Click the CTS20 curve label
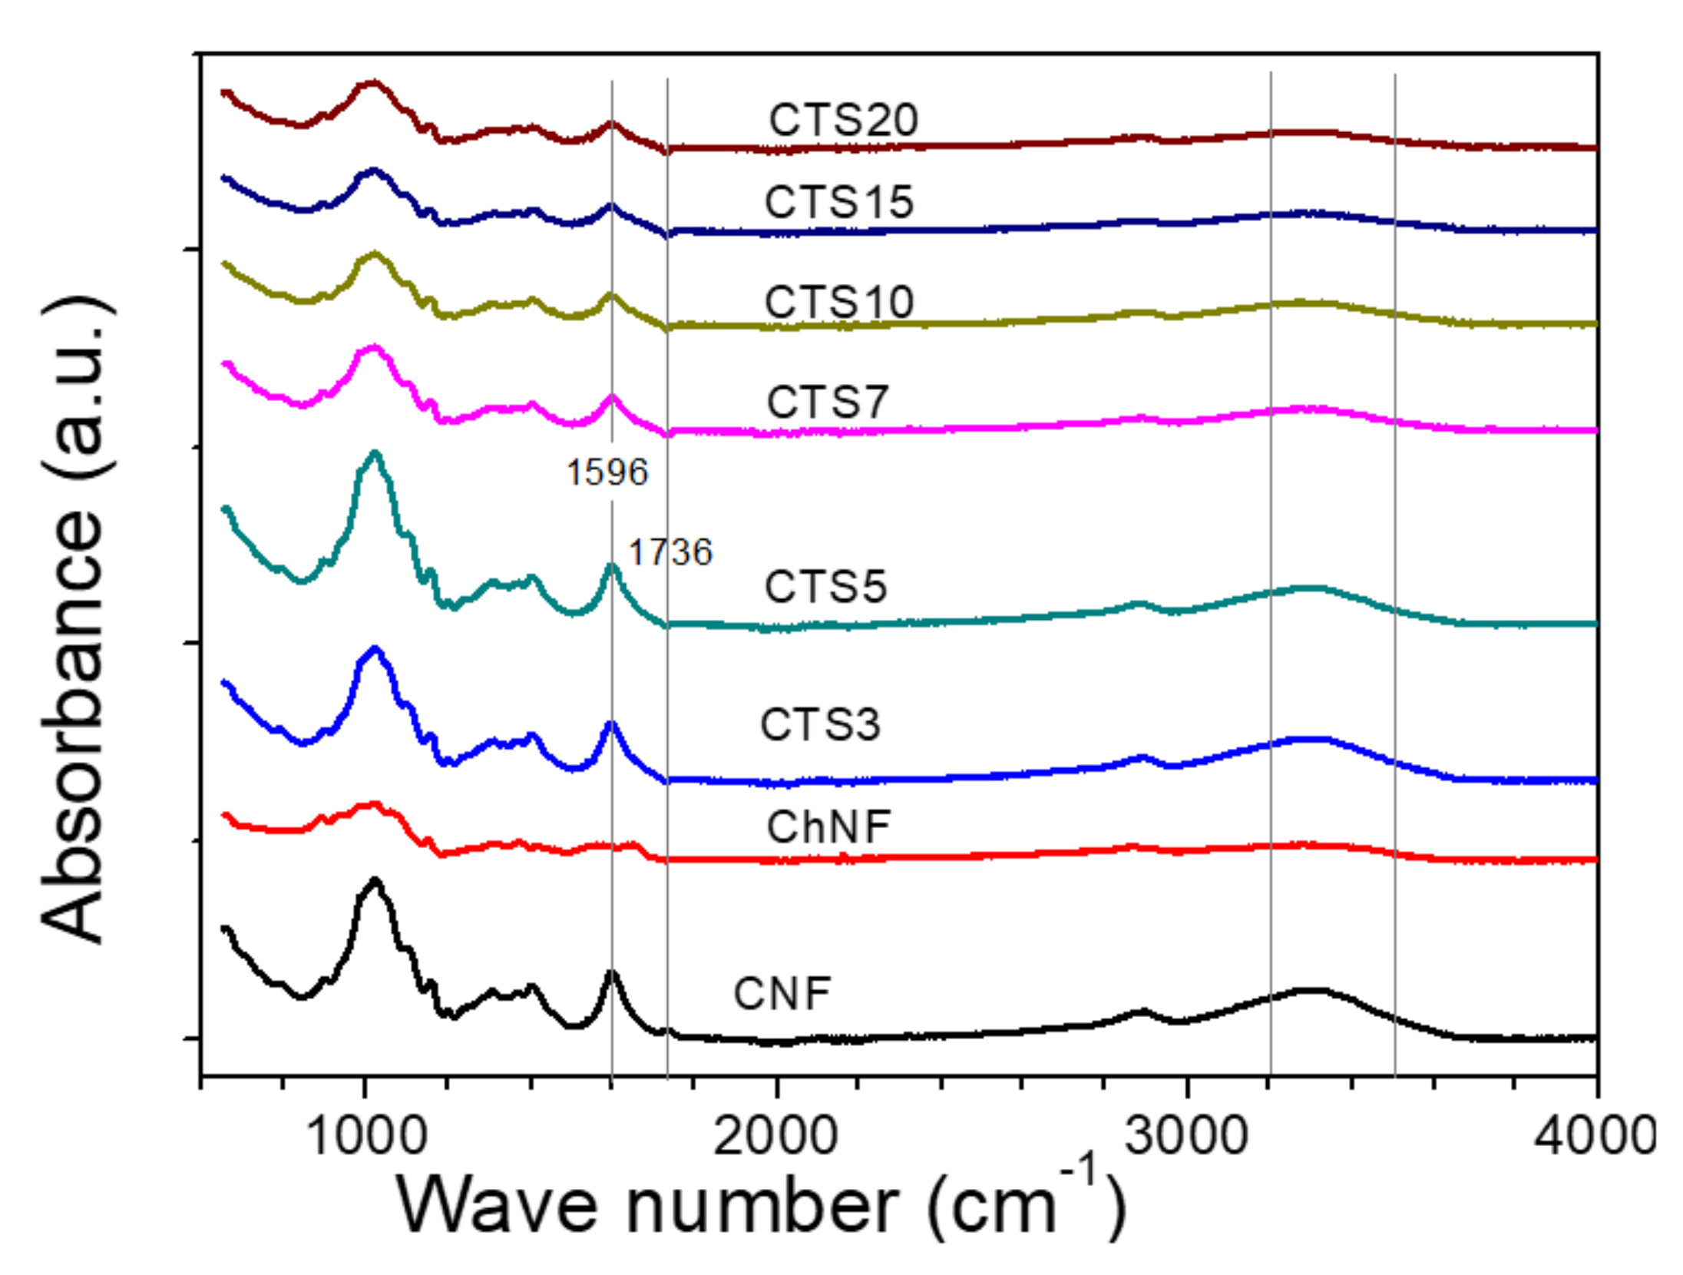click(x=843, y=120)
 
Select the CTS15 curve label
click(x=838, y=202)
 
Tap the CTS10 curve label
click(x=838, y=302)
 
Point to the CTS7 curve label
click(x=828, y=402)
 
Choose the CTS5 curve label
click(x=825, y=587)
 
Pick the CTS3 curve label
click(x=820, y=724)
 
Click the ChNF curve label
click(x=828, y=827)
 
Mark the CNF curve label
click(x=782, y=994)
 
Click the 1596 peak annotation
click(x=607, y=472)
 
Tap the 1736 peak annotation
click(x=670, y=552)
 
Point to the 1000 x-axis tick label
click(x=365, y=1136)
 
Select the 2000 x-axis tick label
click(x=775, y=1136)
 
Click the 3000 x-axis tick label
click(x=1187, y=1136)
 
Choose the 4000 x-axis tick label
click(x=1594, y=1136)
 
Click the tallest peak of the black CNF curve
click(x=375, y=880)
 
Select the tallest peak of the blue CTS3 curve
click(x=375, y=648)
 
